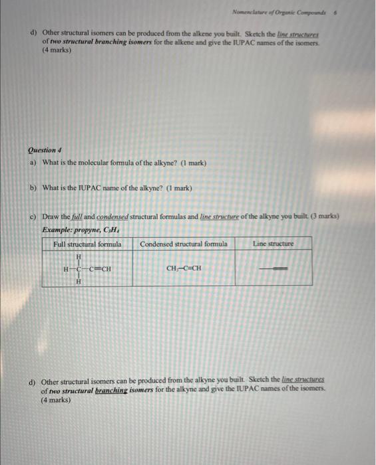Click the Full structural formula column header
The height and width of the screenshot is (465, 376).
pos(87,244)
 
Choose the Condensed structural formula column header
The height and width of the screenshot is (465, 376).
pos(184,244)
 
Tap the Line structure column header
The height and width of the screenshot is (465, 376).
pos(273,244)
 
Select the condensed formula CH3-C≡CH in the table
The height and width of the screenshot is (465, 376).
pos(184,269)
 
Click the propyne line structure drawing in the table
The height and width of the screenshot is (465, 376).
pos(273,269)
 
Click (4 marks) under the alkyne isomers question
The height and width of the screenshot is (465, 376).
pos(56,401)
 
